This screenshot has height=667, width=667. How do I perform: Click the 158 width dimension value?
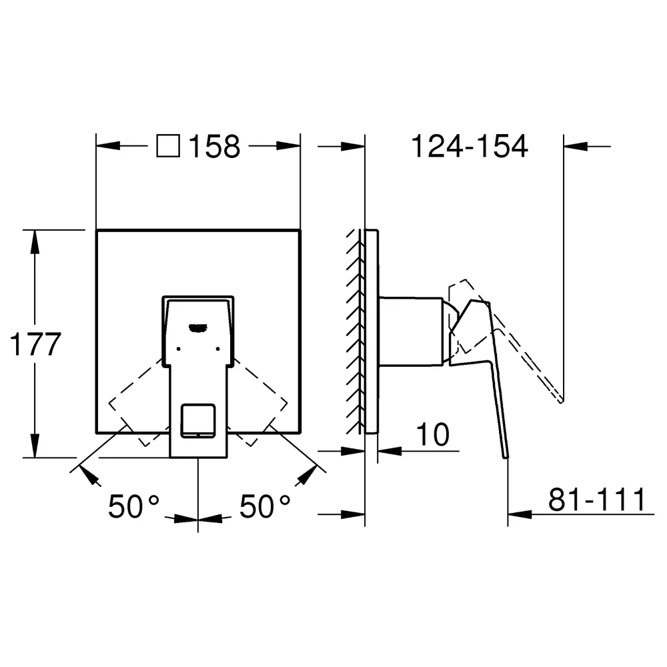click(x=214, y=146)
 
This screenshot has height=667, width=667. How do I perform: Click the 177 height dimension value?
click(x=35, y=344)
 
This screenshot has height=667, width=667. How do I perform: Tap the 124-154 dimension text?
click(x=469, y=146)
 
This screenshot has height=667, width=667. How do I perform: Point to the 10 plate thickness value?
click(x=433, y=434)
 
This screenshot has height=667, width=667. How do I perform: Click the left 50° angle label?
click(x=133, y=506)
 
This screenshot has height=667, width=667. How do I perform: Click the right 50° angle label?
click(x=265, y=506)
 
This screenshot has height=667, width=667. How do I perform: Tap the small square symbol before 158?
click(x=168, y=146)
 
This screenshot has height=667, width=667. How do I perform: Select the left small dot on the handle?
click(x=178, y=349)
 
